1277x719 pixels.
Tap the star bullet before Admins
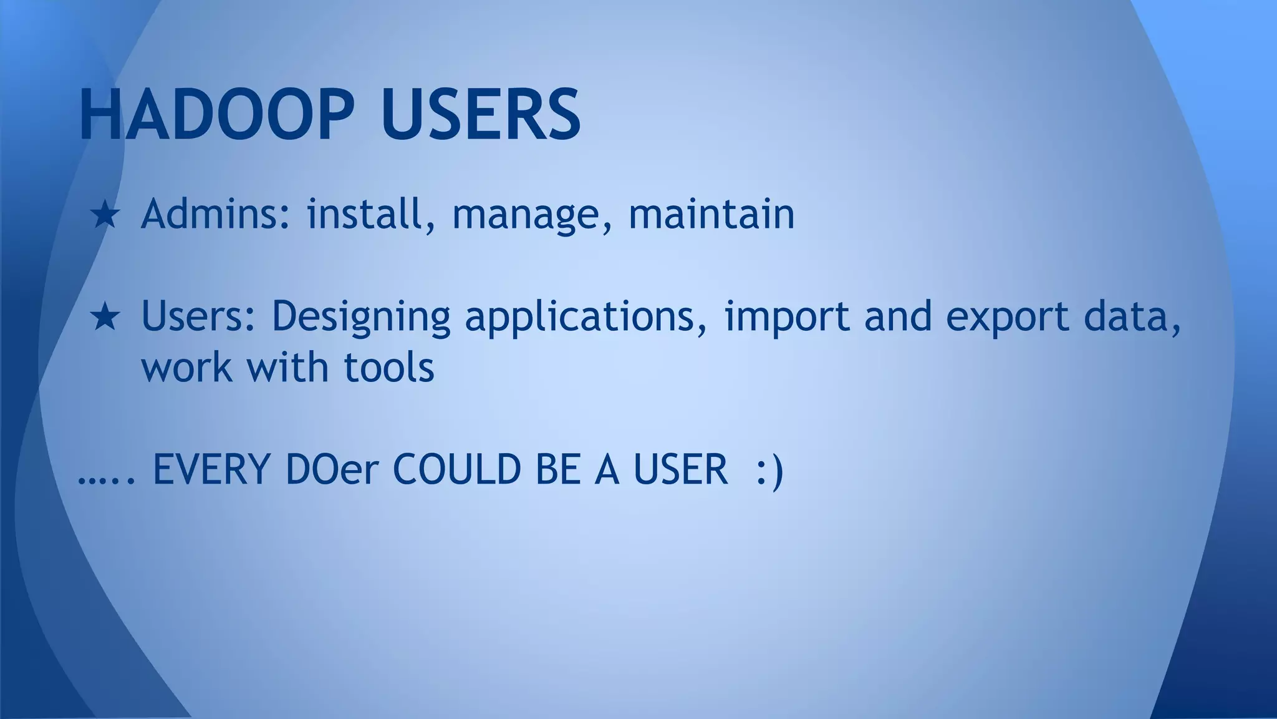click(x=105, y=215)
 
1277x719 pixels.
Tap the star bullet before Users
click(x=105, y=317)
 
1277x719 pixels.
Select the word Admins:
click(x=216, y=214)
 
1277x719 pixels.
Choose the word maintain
click(x=711, y=214)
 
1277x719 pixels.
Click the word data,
click(x=1132, y=317)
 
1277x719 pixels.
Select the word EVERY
click(x=211, y=469)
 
